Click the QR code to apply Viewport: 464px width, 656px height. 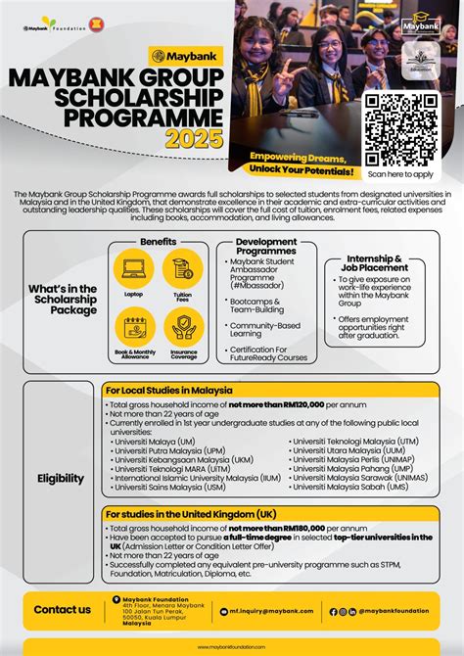[x=399, y=129]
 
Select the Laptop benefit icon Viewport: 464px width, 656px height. [x=133, y=268]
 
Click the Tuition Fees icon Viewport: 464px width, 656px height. [x=182, y=268]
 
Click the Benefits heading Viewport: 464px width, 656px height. [x=158, y=241]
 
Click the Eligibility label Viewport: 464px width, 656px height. [x=60, y=479]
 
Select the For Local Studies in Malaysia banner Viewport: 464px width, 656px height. [x=176, y=391]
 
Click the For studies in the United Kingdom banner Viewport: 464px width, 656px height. [x=191, y=515]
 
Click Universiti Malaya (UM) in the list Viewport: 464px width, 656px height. [x=149, y=442]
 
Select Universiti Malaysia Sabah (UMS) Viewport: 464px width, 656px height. [x=343, y=486]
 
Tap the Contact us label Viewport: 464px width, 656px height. [x=63, y=610]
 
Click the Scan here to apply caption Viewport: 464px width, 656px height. [x=399, y=174]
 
